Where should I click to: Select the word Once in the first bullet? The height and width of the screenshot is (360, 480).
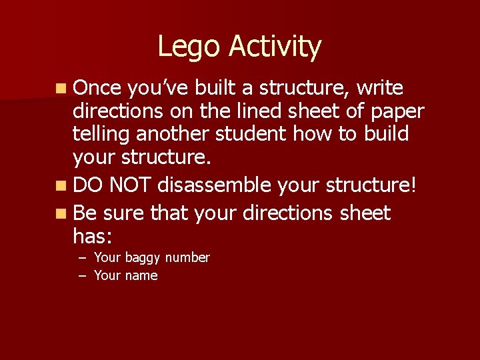pos(97,88)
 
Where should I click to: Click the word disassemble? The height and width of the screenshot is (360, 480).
pos(214,184)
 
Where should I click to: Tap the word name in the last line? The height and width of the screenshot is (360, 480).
pos(141,275)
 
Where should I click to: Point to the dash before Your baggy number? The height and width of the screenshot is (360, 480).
pos(81,257)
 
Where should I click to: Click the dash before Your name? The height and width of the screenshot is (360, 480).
pos(81,275)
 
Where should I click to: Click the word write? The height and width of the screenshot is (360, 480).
pos(380,88)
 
